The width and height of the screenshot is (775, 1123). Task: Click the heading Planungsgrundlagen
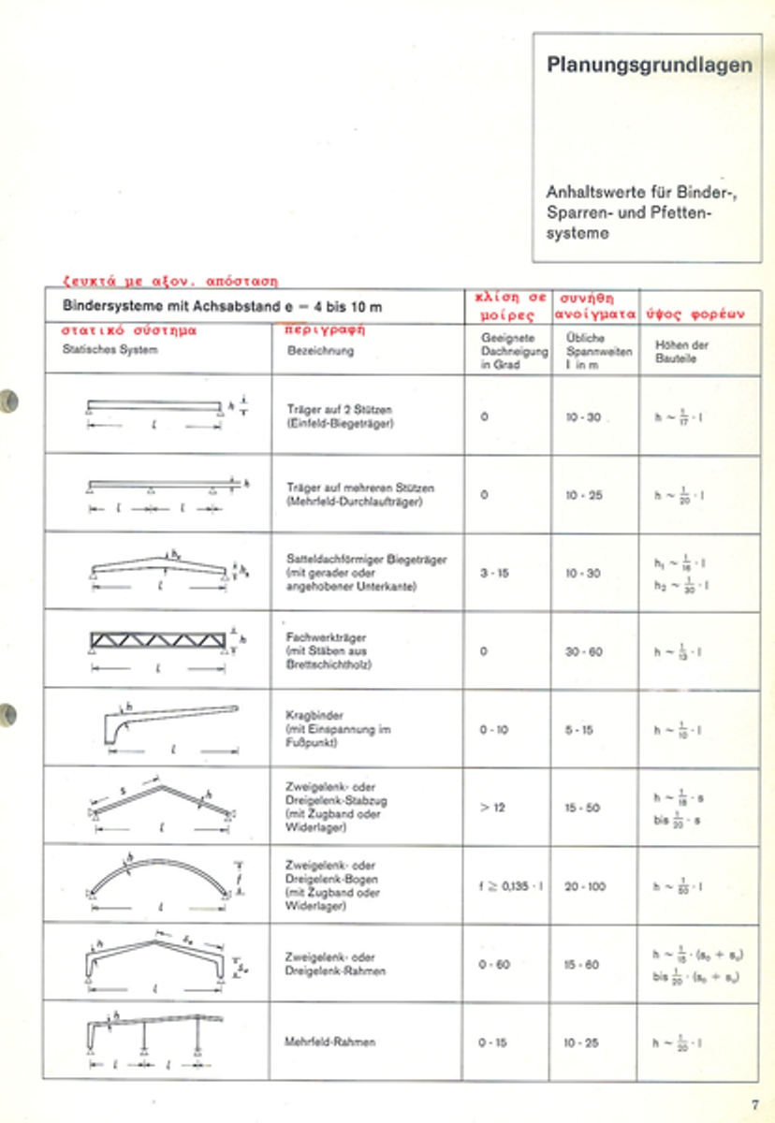coord(649,66)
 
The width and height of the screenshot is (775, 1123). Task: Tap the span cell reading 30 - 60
coord(583,651)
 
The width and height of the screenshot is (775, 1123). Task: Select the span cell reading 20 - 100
coord(585,886)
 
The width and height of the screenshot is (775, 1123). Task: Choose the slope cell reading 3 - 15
coord(493,573)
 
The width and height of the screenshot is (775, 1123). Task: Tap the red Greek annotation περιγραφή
coord(324,329)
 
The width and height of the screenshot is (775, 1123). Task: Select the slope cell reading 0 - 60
coord(493,964)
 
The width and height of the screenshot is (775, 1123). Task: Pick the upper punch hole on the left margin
coord(8,401)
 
